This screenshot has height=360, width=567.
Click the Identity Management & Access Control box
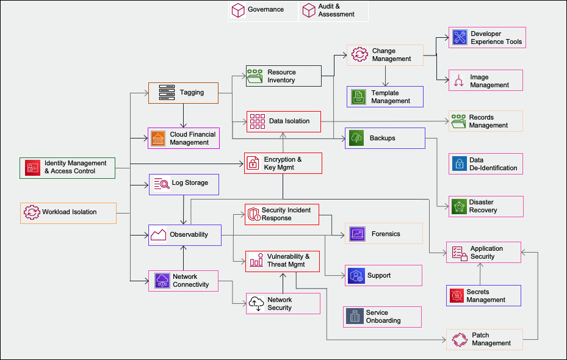coord(67,167)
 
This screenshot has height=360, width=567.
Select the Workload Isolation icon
coord(32,212)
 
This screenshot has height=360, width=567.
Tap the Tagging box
coord(183,93)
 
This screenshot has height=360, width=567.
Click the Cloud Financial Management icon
coord(158,139)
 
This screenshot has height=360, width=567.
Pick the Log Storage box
coord(183,184)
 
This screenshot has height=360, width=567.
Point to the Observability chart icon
coord(159,234)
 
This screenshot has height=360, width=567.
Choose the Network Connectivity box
coord(183,281)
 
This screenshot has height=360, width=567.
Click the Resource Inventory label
coord(281,76)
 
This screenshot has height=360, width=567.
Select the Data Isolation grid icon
coord(257,121)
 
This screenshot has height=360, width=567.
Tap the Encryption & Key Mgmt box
coord(283,164)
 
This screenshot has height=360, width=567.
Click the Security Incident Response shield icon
coord(253,214)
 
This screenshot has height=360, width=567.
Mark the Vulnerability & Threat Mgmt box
coord(283,261)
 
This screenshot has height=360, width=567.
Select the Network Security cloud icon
coord(256,303)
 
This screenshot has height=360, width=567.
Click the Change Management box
coord(385,55)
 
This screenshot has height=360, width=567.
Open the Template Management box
coord(385,96)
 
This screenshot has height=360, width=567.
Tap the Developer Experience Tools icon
coord(458,38)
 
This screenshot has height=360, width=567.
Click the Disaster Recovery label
coord(483,206)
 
